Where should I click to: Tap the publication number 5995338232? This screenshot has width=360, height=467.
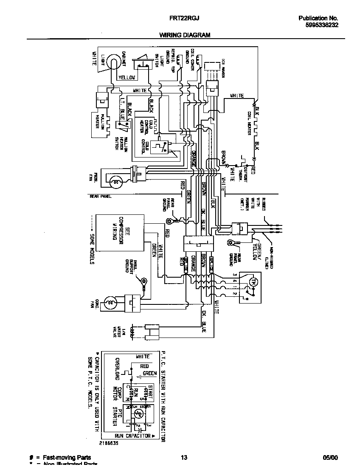322,25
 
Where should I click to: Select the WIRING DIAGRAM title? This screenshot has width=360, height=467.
185,35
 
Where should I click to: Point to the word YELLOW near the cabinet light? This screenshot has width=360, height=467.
127,78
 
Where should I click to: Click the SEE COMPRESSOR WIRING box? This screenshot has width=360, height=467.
118,233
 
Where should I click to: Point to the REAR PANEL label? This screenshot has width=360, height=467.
100,196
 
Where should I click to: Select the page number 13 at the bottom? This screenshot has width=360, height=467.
184,458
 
